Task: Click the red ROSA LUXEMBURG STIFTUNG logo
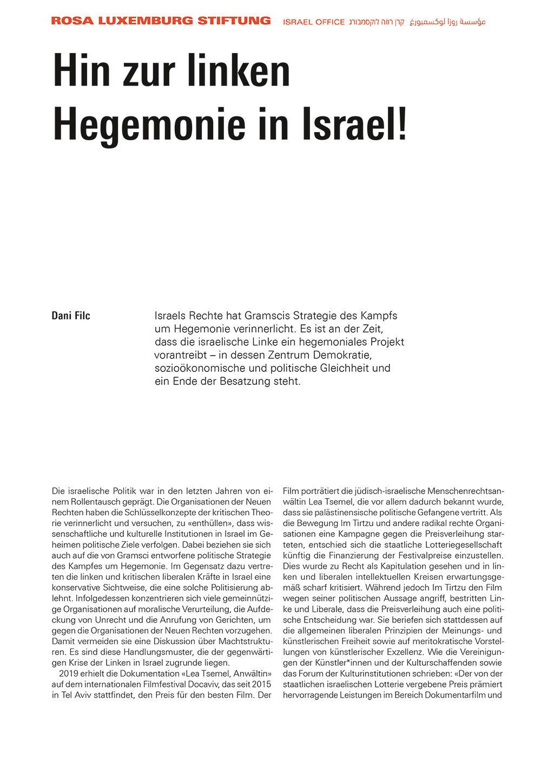161,21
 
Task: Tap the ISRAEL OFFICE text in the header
314,22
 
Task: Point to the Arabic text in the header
448,22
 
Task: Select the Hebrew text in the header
377,22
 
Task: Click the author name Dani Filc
71,316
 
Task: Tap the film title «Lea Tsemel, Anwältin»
225,673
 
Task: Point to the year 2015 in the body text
261,684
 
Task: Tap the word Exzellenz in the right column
407,652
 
